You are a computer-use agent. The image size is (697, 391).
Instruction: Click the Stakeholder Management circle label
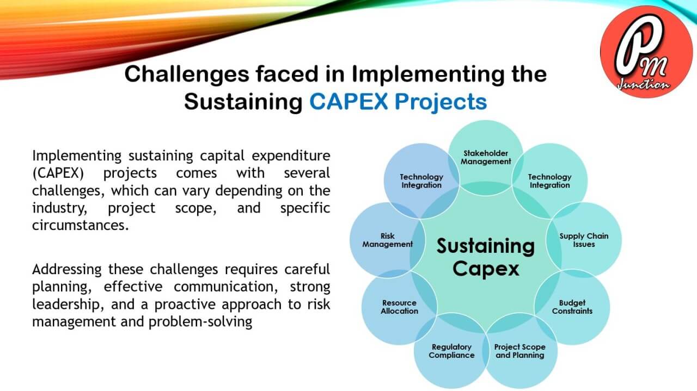click(x=486, y=157)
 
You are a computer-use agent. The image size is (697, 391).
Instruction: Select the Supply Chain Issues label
click(x=584, y=240)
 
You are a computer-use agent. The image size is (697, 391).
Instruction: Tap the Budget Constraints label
click(x=572, y=307)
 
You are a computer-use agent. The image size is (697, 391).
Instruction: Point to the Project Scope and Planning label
click(x=519, y=351)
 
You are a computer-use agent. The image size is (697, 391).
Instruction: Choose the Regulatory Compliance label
click(x=451, y=351)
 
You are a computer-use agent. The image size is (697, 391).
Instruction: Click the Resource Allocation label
click(x=399, y=307)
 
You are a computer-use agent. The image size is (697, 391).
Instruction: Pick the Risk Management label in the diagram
click(x=387, y=240)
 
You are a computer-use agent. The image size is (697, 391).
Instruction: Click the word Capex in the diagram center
click(x=486, y=269)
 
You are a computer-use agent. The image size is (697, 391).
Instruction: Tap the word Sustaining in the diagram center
click(x=486, y=246)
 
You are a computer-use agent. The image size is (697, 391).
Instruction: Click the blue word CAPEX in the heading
click(x=348, y=101)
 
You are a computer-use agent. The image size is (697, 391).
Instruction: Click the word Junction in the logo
click(x=643, y=84)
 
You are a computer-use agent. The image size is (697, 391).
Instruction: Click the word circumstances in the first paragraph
click(x=80, y=225)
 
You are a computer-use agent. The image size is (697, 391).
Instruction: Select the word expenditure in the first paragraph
click(x=291, y=156)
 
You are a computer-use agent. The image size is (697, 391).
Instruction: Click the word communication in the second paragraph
click(x=225, y=287)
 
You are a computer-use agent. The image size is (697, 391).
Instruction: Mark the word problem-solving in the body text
click(x=200, y=322)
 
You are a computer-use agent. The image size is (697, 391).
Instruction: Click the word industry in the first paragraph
click(x=60, y=208)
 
